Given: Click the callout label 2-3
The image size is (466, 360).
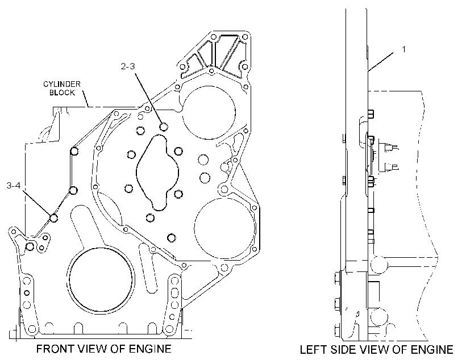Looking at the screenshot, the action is pos(128,66).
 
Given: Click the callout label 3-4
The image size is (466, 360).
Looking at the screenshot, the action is pos(14,186).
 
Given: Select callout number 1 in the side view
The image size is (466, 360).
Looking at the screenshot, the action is pos(403,49).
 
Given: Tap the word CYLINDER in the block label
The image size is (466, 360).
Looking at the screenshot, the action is pos(62,84).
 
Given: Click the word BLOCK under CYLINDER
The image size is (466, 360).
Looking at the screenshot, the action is pos(62,93).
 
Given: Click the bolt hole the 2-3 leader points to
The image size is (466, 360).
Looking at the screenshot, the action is pos(164,127).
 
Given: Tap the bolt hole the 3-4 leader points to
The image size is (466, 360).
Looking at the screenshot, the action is pos(54,218).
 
